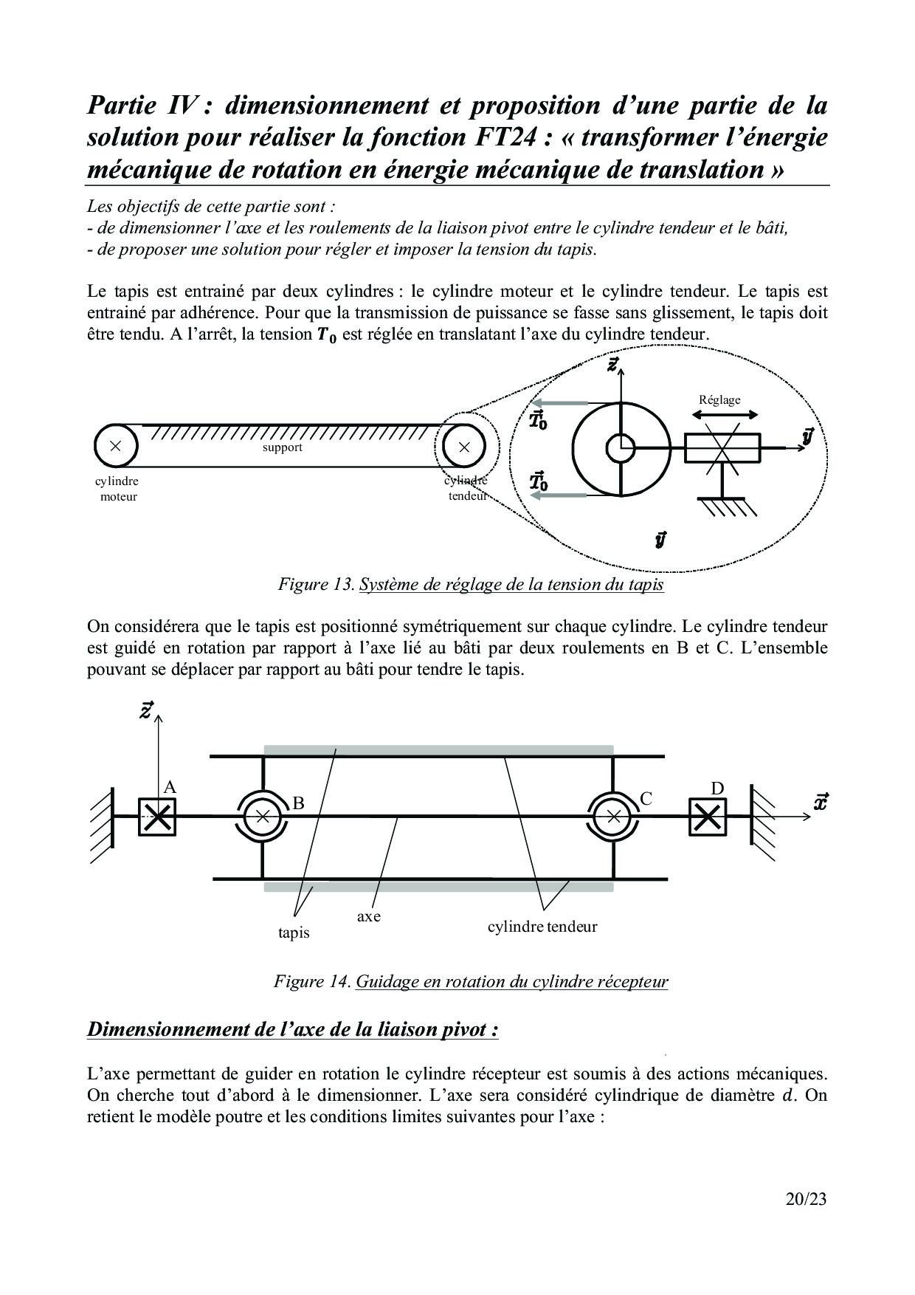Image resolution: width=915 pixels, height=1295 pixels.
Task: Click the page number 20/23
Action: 806,1200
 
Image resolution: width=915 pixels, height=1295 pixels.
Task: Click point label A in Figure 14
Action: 170,787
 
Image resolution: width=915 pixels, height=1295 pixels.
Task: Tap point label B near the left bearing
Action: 298,803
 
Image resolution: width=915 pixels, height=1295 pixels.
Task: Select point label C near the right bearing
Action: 646,798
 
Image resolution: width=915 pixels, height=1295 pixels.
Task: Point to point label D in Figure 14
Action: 717,789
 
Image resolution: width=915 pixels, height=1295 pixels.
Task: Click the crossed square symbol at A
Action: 157,817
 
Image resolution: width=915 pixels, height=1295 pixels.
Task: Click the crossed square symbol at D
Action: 707,817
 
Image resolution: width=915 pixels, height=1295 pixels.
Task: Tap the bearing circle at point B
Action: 263,817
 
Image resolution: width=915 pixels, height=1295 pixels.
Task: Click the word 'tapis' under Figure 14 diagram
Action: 294,933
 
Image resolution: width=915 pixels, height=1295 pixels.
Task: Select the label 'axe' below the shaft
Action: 369,916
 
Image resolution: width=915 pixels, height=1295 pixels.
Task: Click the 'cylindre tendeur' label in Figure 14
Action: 542,926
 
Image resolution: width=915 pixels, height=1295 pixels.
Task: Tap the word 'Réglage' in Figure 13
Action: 719,399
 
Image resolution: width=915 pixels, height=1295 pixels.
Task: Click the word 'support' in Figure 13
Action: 283,447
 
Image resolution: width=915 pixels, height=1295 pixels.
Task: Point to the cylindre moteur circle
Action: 116,445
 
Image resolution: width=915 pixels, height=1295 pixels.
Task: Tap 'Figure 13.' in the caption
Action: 317,585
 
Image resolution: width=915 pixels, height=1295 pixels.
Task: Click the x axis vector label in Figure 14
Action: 820,802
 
